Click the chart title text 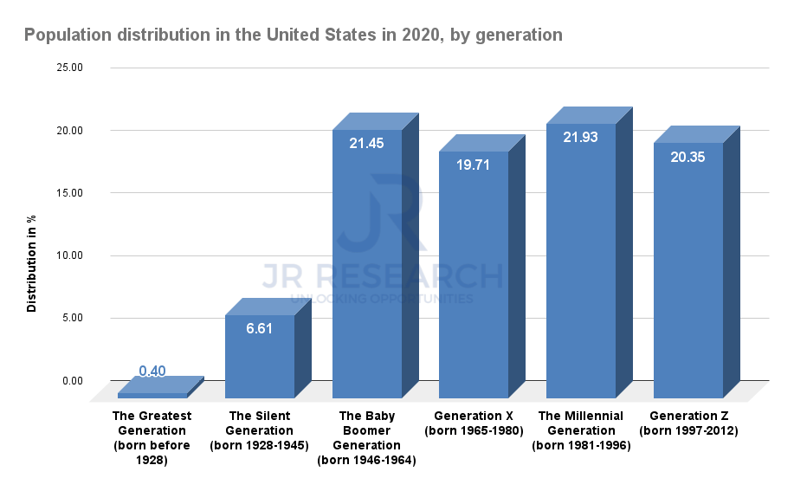293,36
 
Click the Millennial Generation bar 580,260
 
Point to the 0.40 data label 152,371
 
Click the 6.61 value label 259,330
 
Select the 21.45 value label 366,144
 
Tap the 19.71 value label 474,165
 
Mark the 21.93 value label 580,138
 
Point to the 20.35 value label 687,157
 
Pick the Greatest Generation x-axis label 152,438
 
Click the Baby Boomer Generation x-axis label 366,438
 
